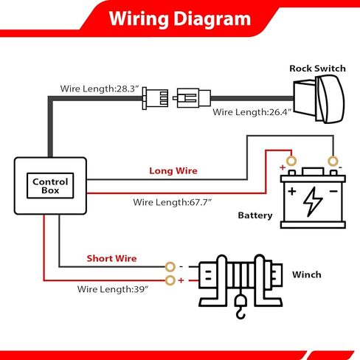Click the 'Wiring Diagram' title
click(180, 19)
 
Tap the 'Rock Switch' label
click(317, 69)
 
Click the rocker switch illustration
click(319, 99)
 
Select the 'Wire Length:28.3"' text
click(100, 89)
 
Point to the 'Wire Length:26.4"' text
click(252, 112)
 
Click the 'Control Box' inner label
click(50, 186)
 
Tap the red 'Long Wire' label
click(173, 170)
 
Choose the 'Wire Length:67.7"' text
click(173, 202)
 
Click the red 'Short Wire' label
click(111, 258)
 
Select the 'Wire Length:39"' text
click(113, 289)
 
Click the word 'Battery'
click(255, 215)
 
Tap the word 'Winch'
click(307, 274)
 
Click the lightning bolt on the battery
click(312, 201)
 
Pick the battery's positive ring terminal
click(291, 162)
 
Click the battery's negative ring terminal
click(333, 162)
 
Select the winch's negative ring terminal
click(170, 267)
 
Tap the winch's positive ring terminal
click(170, 280)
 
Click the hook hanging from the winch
click(240, 308)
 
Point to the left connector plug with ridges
click(156, 98)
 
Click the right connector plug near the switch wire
click(192, 98)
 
